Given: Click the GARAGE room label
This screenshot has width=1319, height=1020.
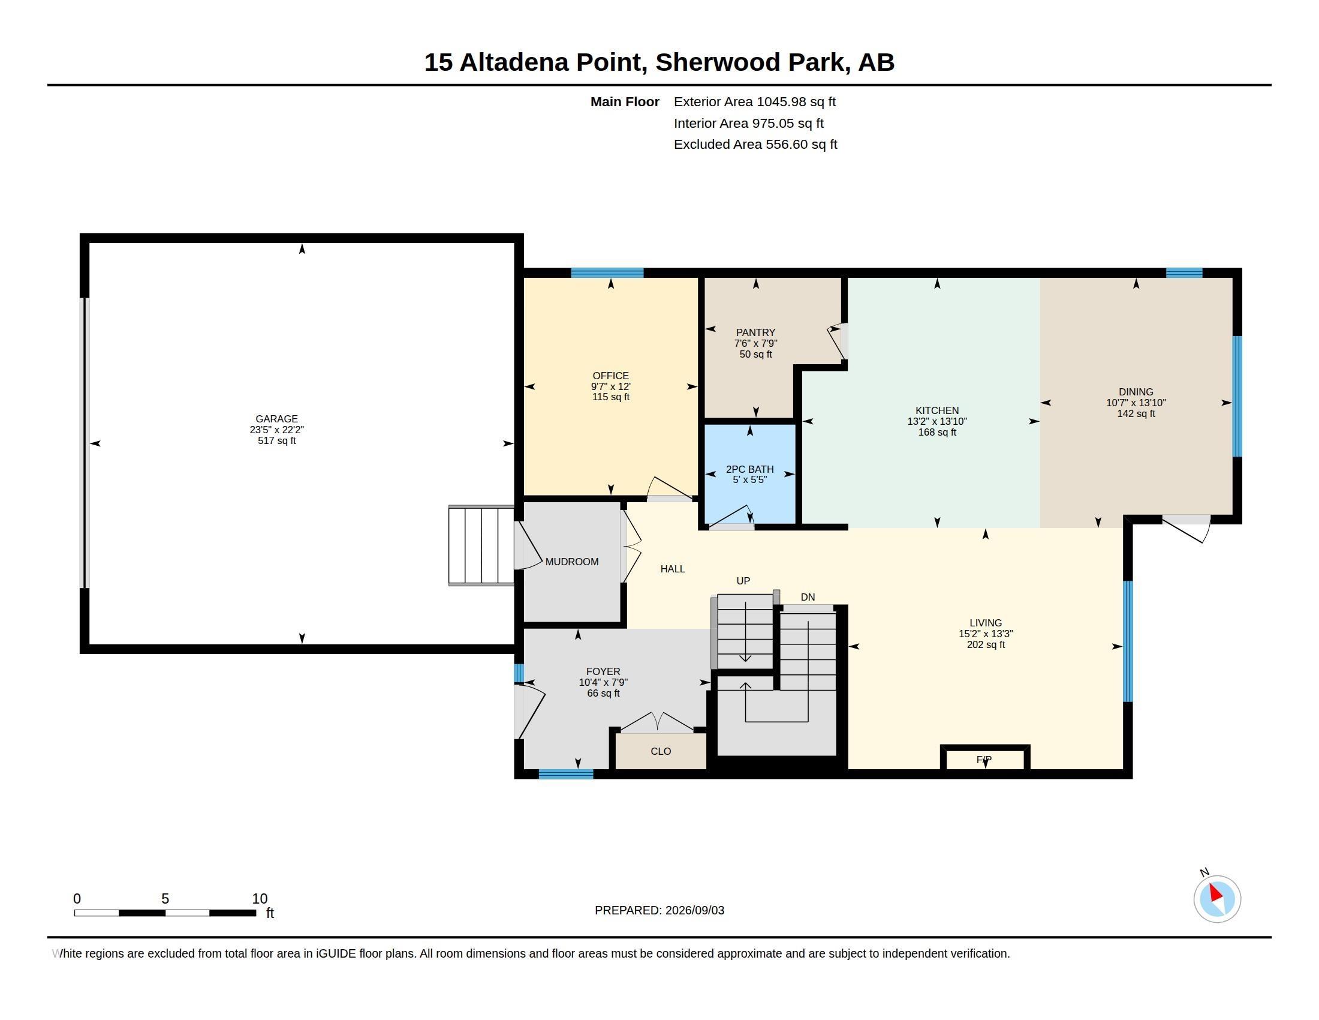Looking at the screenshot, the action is pos(276,419).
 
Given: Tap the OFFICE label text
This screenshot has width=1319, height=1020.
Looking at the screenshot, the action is pos(610,376).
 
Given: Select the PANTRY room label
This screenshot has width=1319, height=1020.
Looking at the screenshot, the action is pos(755,332).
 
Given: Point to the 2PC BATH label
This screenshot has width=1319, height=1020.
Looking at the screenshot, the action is pos(749,469).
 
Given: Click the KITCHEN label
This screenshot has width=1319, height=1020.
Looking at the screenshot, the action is pos(936,410).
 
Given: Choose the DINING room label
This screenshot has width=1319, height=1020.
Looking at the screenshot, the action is pos(1136,392).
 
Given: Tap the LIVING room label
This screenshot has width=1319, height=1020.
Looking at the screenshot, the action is pos(986,622).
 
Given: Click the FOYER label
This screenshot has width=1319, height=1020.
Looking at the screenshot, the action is pos(603,671).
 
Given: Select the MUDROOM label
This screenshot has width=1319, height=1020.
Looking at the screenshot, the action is pos(572,562).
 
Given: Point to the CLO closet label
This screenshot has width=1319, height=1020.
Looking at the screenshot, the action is pos(661,751).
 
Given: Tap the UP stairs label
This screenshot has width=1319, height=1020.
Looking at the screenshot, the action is pos(743,581).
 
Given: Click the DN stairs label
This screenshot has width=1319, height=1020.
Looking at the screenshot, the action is pos(808,597).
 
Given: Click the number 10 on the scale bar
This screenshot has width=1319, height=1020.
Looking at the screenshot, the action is pos(260,899).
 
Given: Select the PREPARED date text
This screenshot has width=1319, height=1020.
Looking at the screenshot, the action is pos(659,910).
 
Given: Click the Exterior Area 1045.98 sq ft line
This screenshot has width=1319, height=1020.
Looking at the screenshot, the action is pos(754,101).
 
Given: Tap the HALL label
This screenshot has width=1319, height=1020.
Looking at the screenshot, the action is pos(672,569).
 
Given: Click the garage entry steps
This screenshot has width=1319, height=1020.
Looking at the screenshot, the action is pos(481,545).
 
